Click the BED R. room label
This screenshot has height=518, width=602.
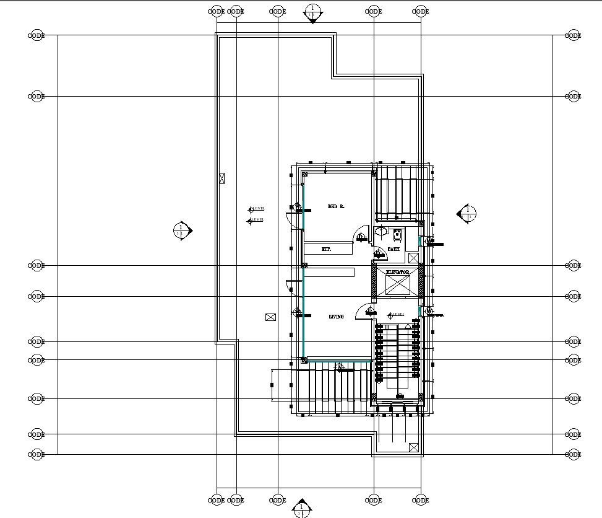tap(336, 206)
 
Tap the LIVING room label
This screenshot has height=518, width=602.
tap(336, 317)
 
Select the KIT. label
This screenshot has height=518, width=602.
tap(327, 249)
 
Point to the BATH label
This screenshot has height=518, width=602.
tap(393, 249)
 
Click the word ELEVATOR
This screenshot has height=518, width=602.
tap(397, 272)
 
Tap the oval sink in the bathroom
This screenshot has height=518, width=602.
tap(381, 232)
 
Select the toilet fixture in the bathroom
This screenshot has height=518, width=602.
tap(397, 234)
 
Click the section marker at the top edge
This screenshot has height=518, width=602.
tap(312, 12)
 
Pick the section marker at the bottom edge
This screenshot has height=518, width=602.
tap(301, 507)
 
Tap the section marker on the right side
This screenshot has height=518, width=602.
tap(467, 214)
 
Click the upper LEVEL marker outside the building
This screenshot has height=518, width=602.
tap(256, 209)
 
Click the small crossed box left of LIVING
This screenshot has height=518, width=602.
tap(270, 317)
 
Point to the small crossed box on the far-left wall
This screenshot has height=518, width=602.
tap(222, 178)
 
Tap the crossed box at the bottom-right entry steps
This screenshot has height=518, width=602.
tap(414, 447)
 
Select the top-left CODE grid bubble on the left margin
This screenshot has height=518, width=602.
tap(37, 36)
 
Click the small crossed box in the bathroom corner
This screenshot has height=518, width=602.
tap(413, 257)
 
